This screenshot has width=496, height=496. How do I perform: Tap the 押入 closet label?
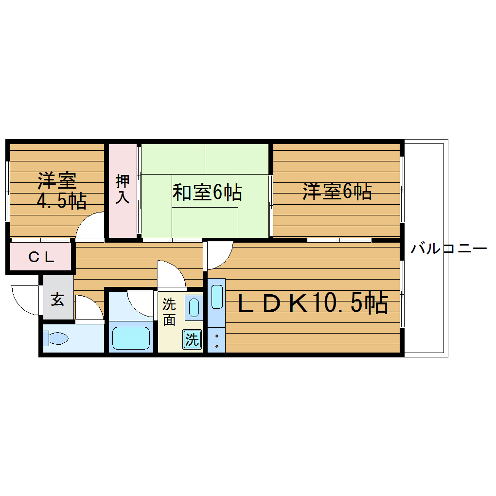tap(123, 190)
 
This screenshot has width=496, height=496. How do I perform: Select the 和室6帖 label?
tap(207, 193)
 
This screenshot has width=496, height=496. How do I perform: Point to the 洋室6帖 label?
tap(337, 191)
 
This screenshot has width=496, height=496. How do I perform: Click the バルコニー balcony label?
tap(448, 249)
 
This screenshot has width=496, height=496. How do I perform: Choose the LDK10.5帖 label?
tap(312, 304)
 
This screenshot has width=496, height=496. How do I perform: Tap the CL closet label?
tap(41, 257)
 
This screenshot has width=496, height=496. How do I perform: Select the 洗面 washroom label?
tap(169, 312)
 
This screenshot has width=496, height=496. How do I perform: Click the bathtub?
tap(131, 338)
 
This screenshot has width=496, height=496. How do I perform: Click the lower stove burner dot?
tap(216, 346)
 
